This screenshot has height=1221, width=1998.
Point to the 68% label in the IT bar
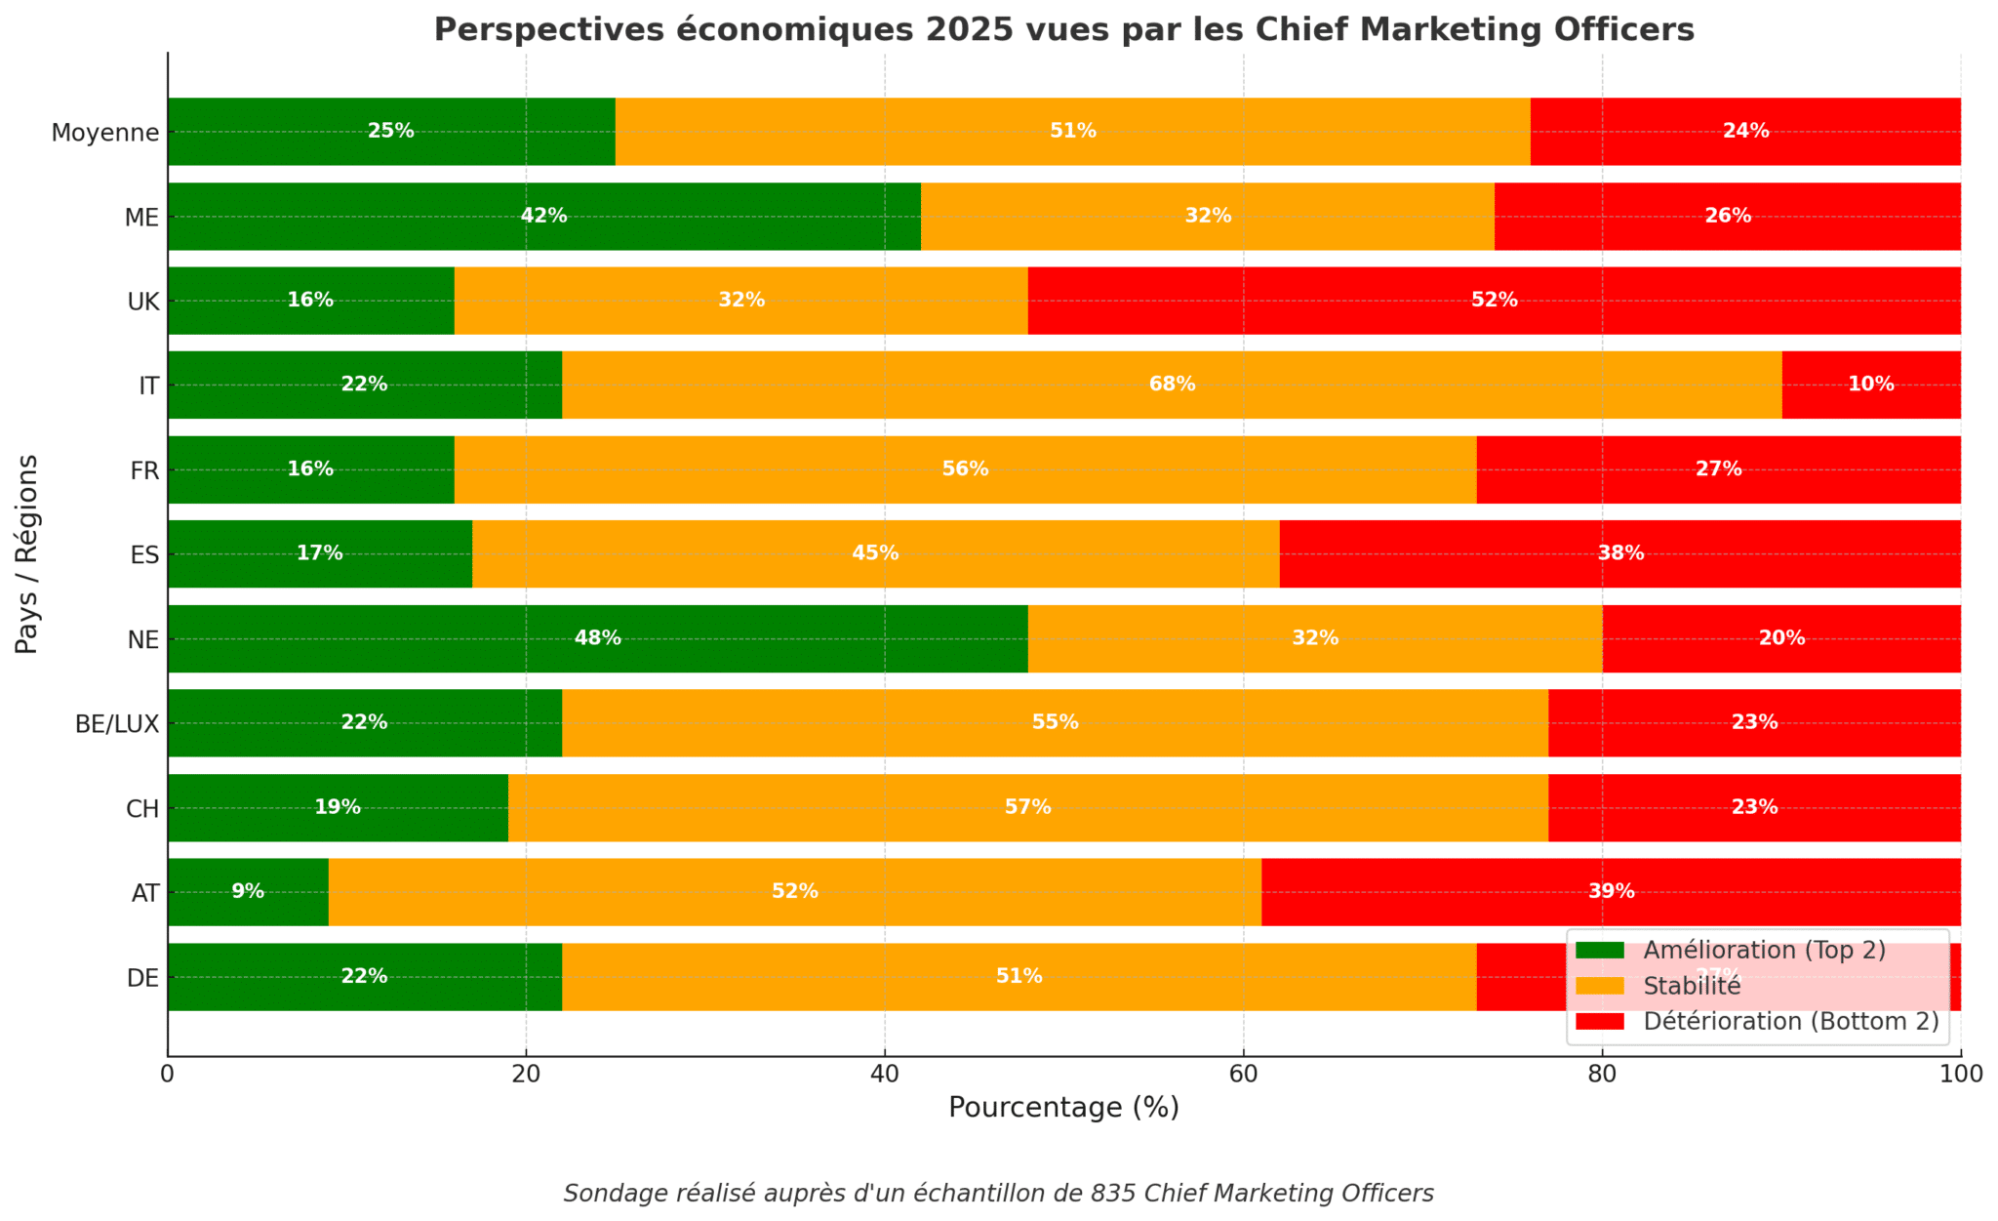pyautogui.click(x=1172, y=385)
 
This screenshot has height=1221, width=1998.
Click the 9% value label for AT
pyautogui.click(x=248, y=891)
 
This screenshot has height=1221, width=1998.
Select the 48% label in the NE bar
pyautogui.click(x=597, y=638)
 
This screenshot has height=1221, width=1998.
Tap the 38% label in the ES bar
pyautogui.click(x=1620, y=553)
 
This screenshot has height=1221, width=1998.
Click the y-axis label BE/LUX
pyautogui.click(x=117, y=723)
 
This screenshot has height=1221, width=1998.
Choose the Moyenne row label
pyautogui.click(x=105, y=132)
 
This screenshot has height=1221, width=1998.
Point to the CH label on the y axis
pyautogui.click(x=142, y=808)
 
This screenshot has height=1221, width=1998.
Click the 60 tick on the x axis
pyautogui.click(x=1243, y=1075)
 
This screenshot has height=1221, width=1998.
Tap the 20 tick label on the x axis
pyautogui.click(x=526, y=1075)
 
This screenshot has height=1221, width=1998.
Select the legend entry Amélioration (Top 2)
pyautogui.click(x=1764, y=950)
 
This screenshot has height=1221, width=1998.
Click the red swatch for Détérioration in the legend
pyautogui.click(x=1600, y=1021)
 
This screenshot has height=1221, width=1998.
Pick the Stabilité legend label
pyautogui.click(x=1692, y=986)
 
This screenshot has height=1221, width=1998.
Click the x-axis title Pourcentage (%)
pyautogui.click(x=1063, y=1108)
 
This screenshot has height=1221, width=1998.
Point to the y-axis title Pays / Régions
pyautogui.click(x=27, y=553)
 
